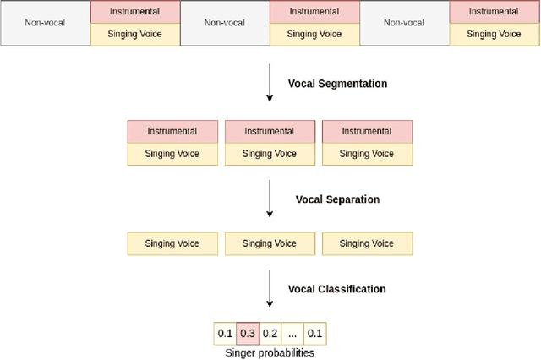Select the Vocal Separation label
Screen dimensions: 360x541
coord(337,199)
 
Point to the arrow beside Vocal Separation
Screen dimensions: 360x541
coord(270,200)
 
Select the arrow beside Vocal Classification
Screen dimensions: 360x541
coord(270,289)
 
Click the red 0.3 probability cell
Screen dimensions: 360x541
coord(247,333)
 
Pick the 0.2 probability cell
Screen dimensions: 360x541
coord(270,333)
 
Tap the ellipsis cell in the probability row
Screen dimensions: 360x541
coord(292,333)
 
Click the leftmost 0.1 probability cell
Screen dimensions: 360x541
coord(225,333)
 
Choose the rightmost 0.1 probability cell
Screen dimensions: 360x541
coord(315,333)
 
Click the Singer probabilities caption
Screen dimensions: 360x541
coord(270,352)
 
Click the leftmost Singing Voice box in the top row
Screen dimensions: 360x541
coord(134,35)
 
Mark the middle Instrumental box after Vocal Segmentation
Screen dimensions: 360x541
coord(270,131)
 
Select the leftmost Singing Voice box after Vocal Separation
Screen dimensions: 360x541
coord(172,244)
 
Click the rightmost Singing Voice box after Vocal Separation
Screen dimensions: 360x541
coord(367,244)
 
